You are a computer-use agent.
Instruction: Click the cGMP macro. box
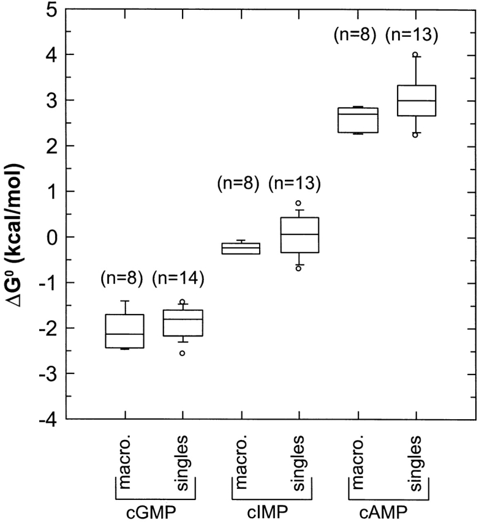click(x=124, y=331)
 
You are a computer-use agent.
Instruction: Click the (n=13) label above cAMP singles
click(x=412, y=36)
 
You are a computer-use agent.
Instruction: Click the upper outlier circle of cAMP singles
click(x=415, y=54)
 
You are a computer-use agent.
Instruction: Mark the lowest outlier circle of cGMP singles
click(x=183, y=353)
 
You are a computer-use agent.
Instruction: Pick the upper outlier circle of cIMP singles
click(x=298, y=203)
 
